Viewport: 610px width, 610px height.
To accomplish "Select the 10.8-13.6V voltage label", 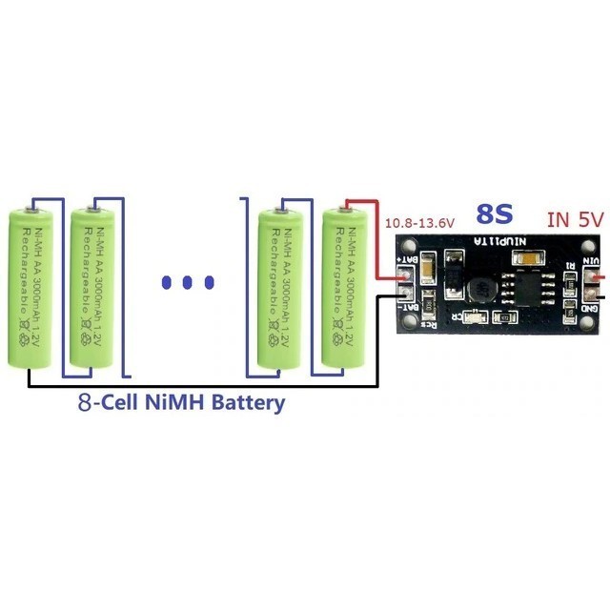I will pos(418,223).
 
